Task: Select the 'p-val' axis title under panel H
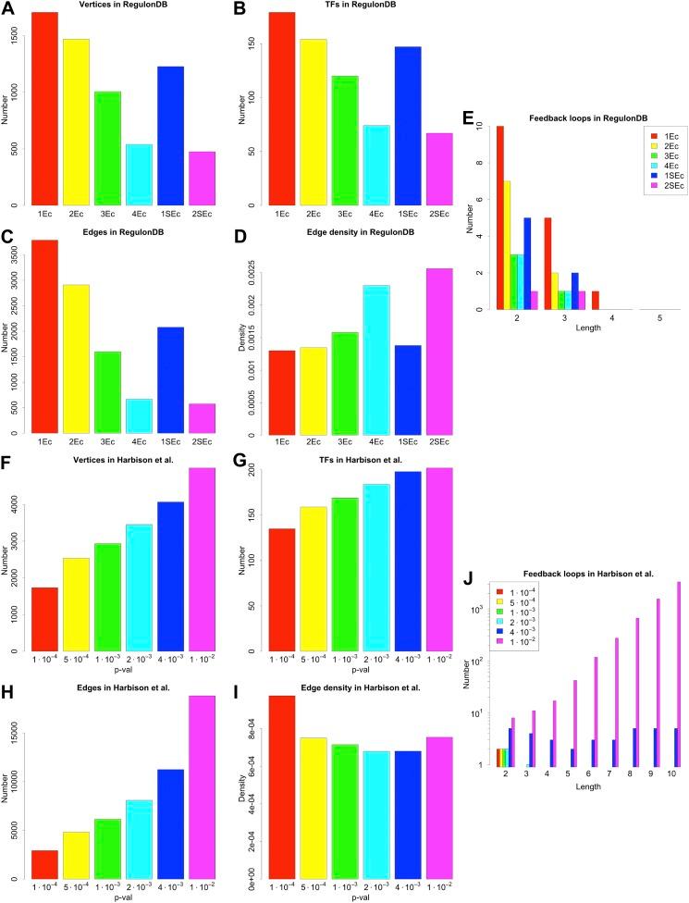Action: (123, 897)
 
